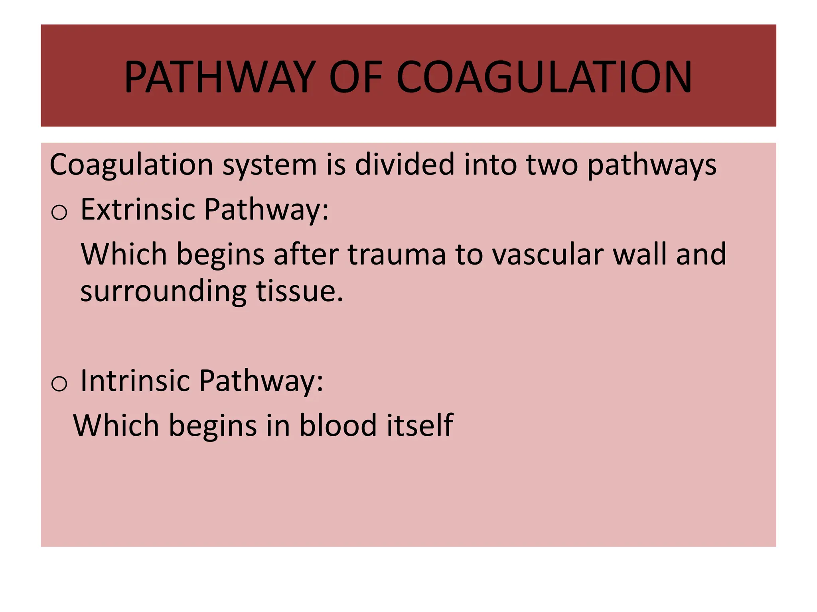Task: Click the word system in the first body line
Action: pos(269,165)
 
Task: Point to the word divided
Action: pos(405,164)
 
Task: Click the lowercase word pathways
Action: pos(652,165)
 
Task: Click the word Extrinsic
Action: pos(138,209)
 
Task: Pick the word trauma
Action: pos(397,254)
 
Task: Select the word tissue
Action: pos(299,291)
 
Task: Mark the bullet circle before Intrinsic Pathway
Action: pos(59,384)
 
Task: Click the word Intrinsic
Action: pos(135,381)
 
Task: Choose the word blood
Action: pos(338,425)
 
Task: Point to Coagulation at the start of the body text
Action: pos(131,165)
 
